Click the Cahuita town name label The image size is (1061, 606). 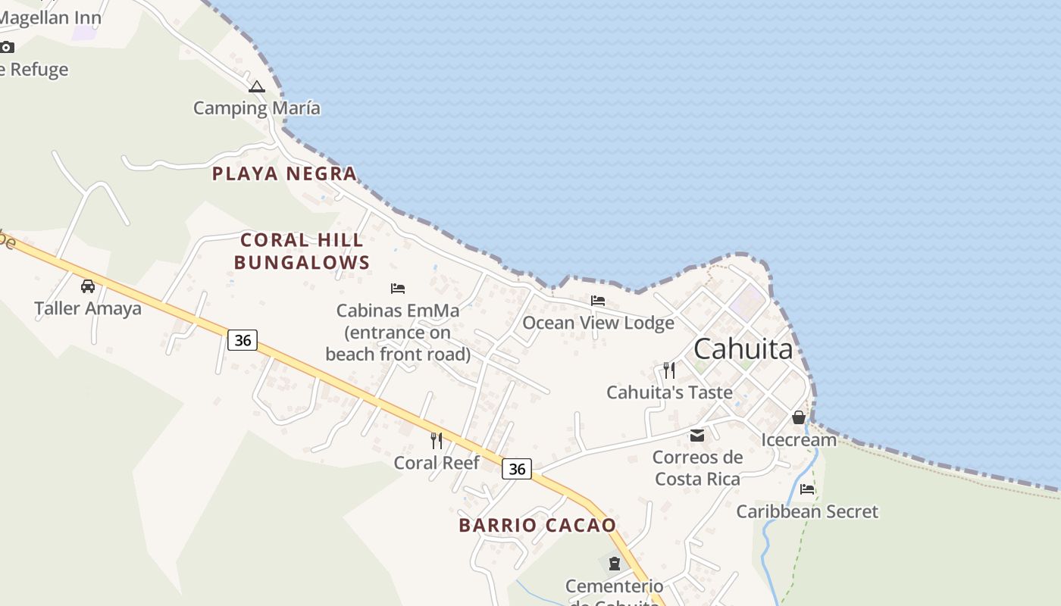click(743, 349)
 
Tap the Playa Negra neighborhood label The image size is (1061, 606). click(284, 173)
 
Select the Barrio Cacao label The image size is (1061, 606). click(537, 525)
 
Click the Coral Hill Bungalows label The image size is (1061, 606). click(302, 251)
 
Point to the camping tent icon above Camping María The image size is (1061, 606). click(257, 87)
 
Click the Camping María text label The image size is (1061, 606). click(256, 108)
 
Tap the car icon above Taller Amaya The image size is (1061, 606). click(88, 286)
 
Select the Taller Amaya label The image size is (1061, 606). click(88, 308)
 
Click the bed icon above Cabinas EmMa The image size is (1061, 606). click(398, 289)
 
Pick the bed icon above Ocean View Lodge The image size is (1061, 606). click(598, 301)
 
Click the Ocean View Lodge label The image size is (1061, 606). click(598, 323)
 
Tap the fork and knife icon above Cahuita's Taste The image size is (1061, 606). click(669, 370)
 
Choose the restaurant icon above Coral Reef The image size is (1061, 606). click(437, 440)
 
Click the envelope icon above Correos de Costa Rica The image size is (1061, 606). click(697, 436)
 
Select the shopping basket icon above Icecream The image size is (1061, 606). click(799, 417)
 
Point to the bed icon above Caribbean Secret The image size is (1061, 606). click(807, 489)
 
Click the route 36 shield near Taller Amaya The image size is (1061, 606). click(243, 340)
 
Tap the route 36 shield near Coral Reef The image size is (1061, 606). click(517, 469)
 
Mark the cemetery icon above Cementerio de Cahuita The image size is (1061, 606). click(614, 564)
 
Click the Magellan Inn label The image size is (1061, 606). click(51, 17)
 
